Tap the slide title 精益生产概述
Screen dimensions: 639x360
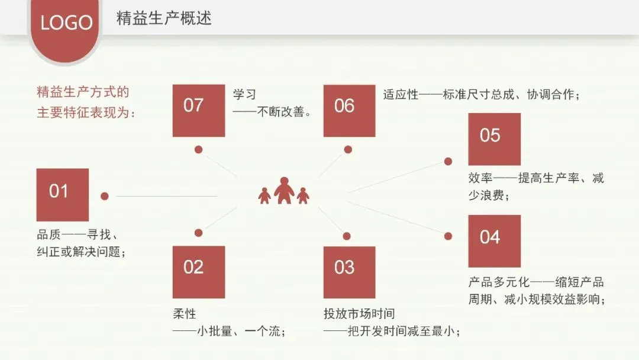164,19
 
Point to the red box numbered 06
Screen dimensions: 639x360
349,111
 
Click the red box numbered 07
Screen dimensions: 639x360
198,111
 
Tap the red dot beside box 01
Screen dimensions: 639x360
105,196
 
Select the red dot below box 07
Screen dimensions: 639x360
199,149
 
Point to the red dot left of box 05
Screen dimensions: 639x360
448,160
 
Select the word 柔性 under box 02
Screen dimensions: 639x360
183,314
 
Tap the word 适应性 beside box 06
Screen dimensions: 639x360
401,95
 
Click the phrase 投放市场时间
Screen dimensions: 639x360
359,314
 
